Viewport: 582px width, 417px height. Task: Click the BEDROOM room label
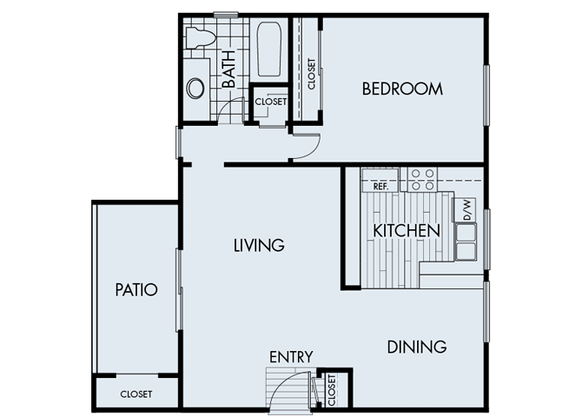(402, 89)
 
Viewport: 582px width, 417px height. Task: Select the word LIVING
(259, 246)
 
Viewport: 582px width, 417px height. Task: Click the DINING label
(416, 347)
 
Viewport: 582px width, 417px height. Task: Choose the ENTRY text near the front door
(291, 357)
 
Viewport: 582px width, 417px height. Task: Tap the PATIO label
(136, 289)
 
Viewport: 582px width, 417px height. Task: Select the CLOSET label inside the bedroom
(311, 75)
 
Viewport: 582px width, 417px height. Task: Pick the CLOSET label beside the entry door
(331, 391)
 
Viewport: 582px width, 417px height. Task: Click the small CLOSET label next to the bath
(270, 102)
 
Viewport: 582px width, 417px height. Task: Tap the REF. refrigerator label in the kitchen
(380, 186)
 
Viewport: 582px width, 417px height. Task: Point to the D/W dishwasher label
(466, 209)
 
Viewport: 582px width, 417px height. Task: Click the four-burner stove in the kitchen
(422, 179)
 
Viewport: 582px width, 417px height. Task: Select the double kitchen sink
(466, 241)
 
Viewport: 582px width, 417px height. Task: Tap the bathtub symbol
(267, 50)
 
